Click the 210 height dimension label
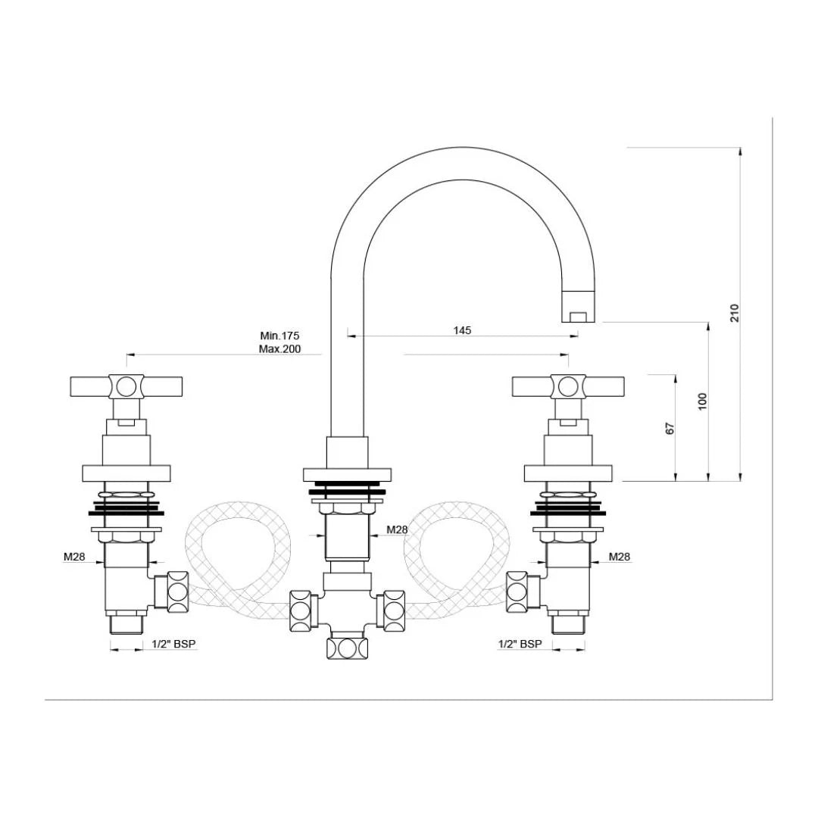pos(734,313)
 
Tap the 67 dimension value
pos(670,428)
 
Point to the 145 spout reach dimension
pos(462,330)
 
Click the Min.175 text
pos(280,336)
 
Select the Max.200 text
pos(280,349)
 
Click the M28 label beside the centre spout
pos(397,529)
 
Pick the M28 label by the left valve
pos(73,557)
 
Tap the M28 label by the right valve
pos(620,557)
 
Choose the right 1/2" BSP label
pos(520,644)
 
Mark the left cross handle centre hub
pos(126,386)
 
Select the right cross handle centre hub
pos(568,386)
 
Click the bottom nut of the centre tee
pos(347,648)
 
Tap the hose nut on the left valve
pos(177,592)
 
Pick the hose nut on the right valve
pos(518,592)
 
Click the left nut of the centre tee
pos(300,610)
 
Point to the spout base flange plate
pos(348,475)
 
